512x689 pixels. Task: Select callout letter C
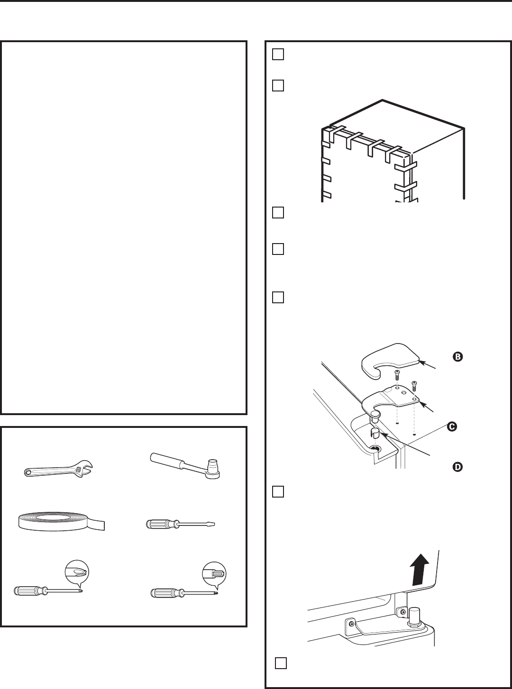(x=452, y=427)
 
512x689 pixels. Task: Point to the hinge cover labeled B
(x=391, y=362)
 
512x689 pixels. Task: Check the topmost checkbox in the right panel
(x=278, y=54)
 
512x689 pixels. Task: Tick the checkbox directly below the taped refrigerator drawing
(x=278, y=212)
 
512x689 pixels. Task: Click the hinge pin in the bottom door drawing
(x=416, y=616)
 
